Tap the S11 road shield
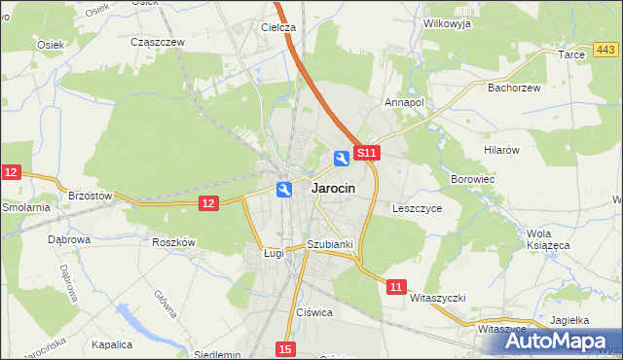pos(366,154)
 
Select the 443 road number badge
pos(605,50)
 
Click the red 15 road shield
pos(283,348)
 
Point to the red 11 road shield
pos(395,287)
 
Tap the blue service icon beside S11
pos(342,158)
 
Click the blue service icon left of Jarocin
pos(283,190)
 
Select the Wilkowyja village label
pos(448,22)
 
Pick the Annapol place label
pos(405,101)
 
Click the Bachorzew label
pos(512,87)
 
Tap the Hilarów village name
pos(503,150)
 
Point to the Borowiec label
pos(473,180)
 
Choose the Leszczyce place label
pos(418,208)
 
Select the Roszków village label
pos(175,242)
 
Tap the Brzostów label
pos(91,196)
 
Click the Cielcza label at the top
pos(278,27)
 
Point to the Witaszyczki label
pos(439,298)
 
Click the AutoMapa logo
pos(560,341)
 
